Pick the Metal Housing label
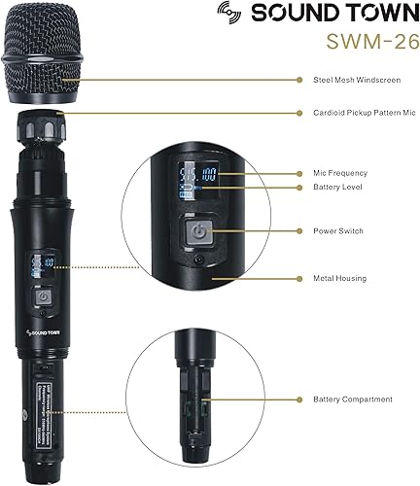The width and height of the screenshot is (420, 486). (x=338, y=278)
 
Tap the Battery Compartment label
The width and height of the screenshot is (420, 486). (x=352, y=399)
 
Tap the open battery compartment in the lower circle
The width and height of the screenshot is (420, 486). (x=200, y=389)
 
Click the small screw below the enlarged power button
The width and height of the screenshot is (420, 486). (x=201, y=261)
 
